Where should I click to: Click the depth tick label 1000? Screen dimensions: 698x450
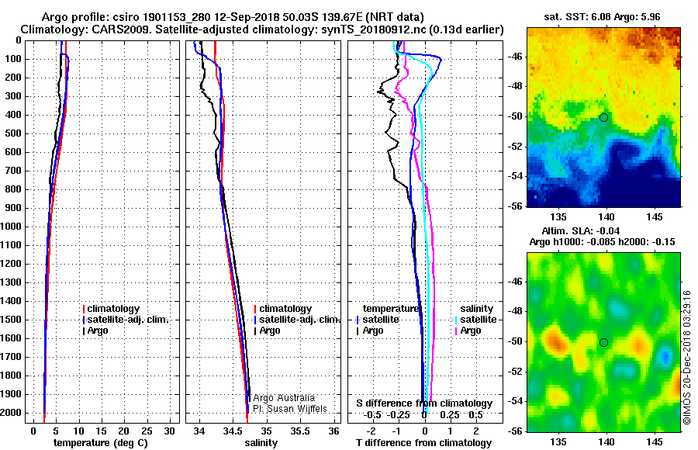coord(11,227)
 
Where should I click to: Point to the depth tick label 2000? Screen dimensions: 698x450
coord(11,413)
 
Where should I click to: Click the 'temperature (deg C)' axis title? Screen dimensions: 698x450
coord(101,443)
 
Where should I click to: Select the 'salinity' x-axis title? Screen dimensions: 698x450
coord(261,443)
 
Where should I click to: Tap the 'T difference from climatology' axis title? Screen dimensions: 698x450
coord(423,443)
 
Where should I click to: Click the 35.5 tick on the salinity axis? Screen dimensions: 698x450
coord(300,431)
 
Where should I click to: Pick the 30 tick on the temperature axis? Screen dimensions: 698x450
coord(169,431)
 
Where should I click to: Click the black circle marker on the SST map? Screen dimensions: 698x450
coord(603,118)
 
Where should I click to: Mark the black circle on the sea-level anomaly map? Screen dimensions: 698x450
coord(603,342)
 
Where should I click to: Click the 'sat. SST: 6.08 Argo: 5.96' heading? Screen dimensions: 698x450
coord(602,17)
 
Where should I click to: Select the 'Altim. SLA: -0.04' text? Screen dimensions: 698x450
coord(580,230)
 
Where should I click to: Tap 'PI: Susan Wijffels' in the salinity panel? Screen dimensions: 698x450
coord(290,409)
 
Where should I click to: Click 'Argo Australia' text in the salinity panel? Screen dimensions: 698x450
coord(284,397)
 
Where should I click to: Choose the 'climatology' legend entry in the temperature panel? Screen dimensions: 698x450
coord(111,308)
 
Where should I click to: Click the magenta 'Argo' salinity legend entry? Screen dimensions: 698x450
coord(468,331)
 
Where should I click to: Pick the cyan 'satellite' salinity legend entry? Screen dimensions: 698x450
coord(476,320)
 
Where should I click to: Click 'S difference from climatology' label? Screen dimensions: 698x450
coord(424,403)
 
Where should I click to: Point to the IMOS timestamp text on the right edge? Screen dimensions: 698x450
coord(687,358)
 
